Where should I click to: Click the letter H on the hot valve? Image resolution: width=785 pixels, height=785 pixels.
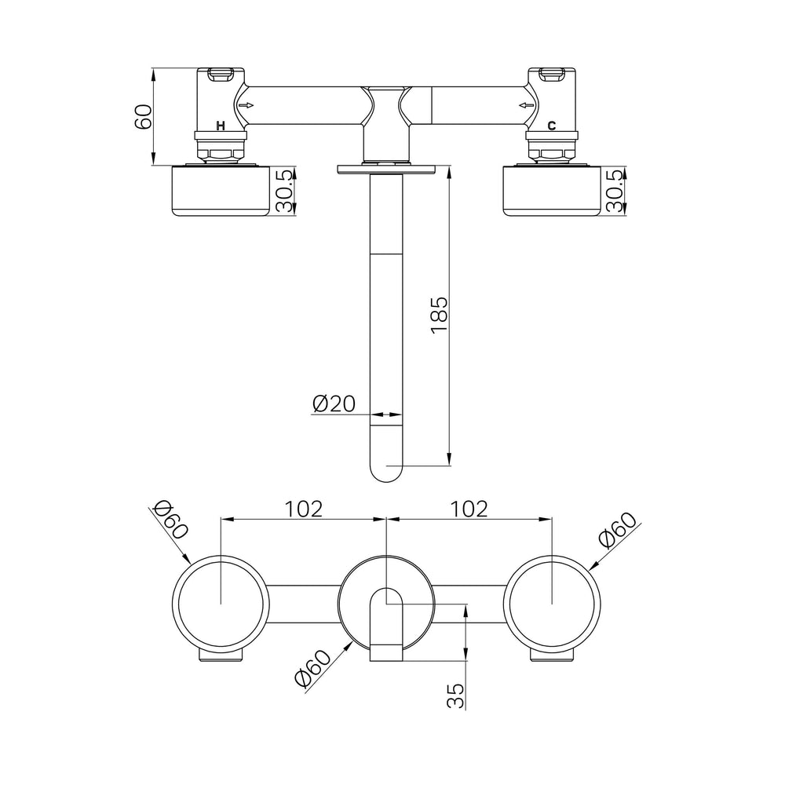(x=221, y=126)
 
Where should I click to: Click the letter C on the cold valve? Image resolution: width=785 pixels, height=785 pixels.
(x=551, y=126)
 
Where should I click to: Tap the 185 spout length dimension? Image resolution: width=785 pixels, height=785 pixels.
(x=439, y=315)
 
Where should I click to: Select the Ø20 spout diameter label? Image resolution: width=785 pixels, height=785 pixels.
(x=334, y=403)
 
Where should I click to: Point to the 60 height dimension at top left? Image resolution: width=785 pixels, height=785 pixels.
(x=144, y=117)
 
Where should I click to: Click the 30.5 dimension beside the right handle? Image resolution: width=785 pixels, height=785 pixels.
(x=615, y=191)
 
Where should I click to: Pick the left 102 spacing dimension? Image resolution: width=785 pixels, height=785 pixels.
(x=303, y=509)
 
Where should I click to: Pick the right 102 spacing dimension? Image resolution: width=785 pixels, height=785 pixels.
(x=469, y=509)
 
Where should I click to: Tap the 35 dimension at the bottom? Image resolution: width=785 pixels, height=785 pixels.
(x=455, y=696)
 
